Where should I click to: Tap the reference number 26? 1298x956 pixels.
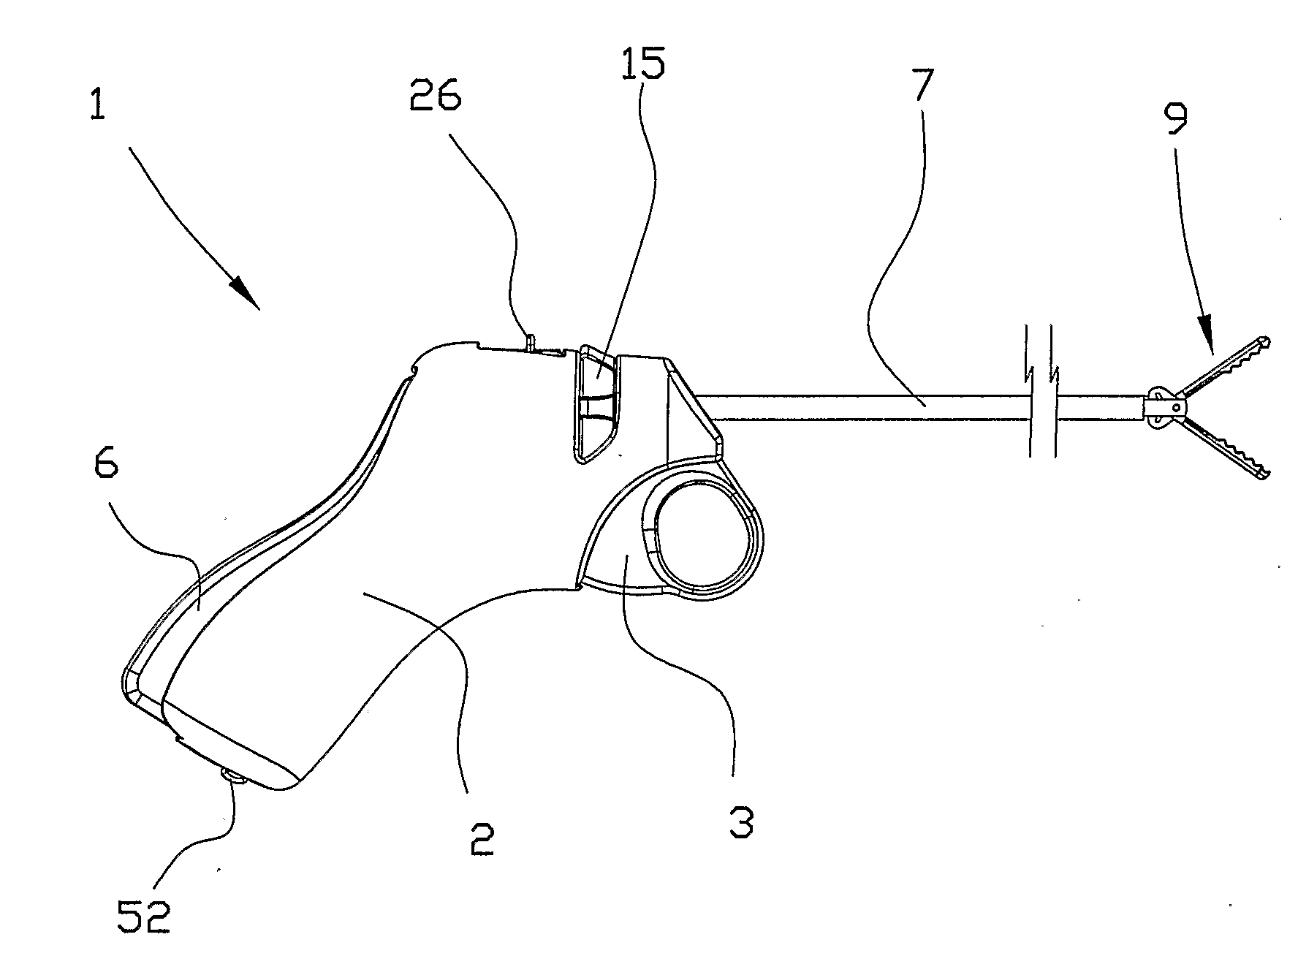tap(435, 95)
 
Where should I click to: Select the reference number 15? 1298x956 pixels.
tap(642, 64)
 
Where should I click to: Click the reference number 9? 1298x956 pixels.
tap(1176, 119)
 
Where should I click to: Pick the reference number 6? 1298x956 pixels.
tap(107, 464)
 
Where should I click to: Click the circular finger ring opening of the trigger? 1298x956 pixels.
tap(702, 531)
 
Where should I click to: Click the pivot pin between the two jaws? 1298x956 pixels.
tap(1175, 406)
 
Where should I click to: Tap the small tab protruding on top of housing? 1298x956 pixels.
tap(531, 342)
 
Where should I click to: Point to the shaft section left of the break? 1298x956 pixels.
tap(862, 407)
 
